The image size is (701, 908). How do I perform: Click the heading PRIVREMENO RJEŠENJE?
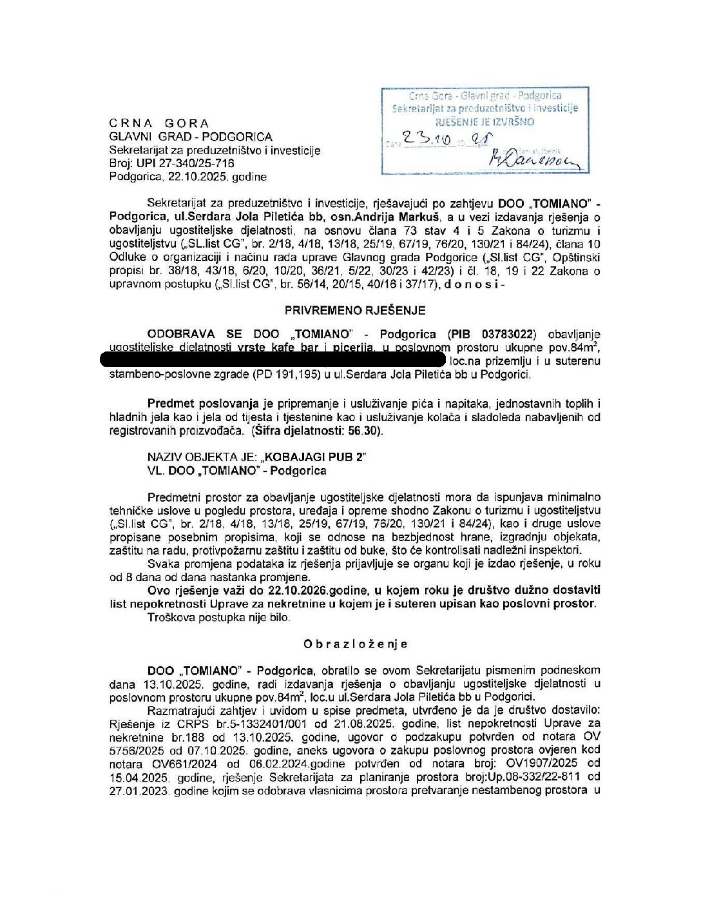point(355,310)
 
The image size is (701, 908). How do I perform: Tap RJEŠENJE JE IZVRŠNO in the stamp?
point(485,121)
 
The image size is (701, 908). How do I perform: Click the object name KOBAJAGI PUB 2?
point(316,457)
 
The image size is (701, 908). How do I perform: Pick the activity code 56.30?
point(365,431)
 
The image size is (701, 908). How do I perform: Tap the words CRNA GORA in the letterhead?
point(158,123)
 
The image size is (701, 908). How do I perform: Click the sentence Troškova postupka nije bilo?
point(219,617)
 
